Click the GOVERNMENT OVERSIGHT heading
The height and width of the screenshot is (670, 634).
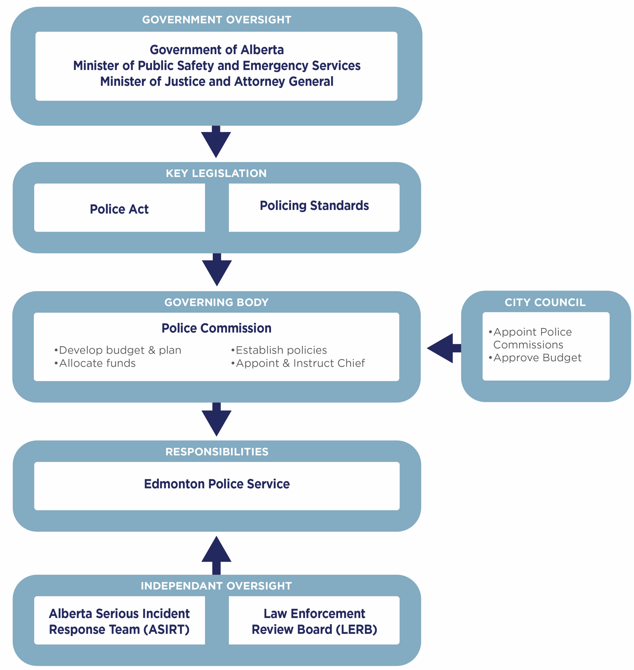tap(217, 20)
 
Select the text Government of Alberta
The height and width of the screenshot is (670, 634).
tap(217, 50)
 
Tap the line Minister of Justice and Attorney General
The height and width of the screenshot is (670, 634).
tap(217, 81)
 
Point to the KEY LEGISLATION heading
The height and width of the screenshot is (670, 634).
tap(216, 173)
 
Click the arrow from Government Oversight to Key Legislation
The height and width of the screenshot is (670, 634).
tap(216, 142)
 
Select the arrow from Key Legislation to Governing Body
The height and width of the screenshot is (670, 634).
tap(217, 270)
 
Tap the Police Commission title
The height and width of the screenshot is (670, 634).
tap(216, 328)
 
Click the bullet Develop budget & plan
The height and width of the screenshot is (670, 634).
tap(118, 350)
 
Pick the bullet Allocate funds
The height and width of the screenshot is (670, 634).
tap(95, 363)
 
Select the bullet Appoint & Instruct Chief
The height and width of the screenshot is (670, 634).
tap(298, 363)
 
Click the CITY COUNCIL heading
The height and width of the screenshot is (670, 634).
tap(545, 302)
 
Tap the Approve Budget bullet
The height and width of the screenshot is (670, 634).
tap(535, 358)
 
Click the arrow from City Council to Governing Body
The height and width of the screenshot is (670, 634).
tap(443, 348)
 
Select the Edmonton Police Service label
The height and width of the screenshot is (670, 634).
tap(217, 484)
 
